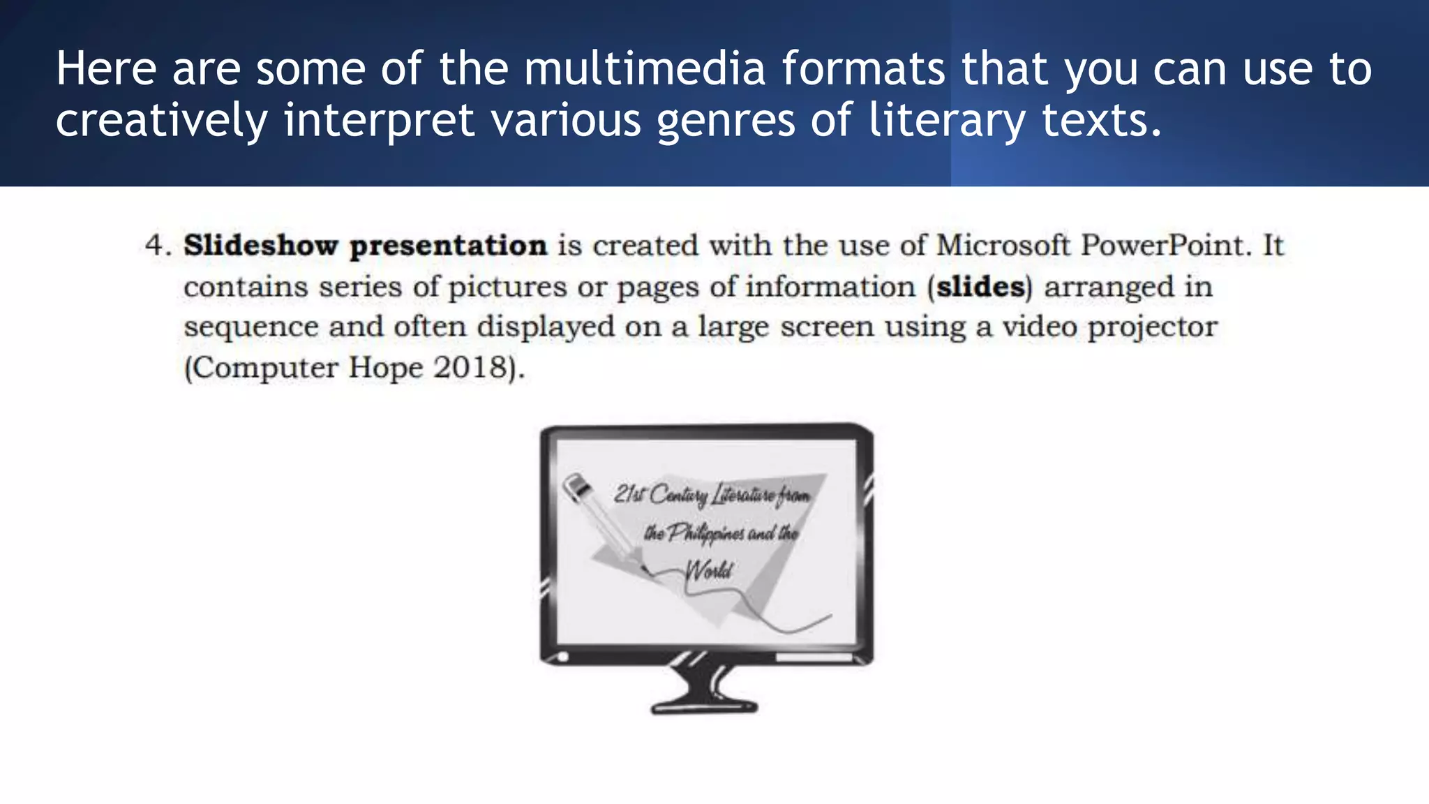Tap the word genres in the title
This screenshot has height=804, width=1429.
tap(726, 121)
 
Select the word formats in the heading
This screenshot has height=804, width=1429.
tap(863, 68)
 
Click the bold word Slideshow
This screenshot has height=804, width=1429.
tap(260, 246)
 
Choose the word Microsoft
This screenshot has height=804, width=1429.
tap(1003, 246)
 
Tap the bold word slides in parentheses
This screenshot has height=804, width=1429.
tap(980, 287)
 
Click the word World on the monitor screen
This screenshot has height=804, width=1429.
tap(709, 570)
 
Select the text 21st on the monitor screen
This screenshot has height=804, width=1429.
tap(629, 494)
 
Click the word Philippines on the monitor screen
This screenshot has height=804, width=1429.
tap(705, 533)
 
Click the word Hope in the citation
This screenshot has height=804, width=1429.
tap(386, 368)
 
